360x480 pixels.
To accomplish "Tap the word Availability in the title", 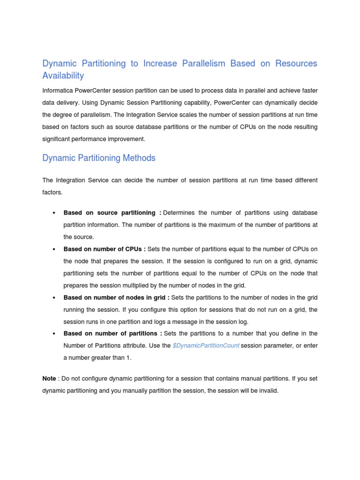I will point(63,75).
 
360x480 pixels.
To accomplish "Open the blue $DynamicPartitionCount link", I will point(206,345).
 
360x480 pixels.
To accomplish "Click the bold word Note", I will point(49,378).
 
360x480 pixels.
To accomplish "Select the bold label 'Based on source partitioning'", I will point(112,213).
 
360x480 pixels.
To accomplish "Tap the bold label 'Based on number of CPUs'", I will point(105,249).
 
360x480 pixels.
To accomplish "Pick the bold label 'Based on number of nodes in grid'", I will point(116,298).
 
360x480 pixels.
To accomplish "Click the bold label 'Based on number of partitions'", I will point(112,333).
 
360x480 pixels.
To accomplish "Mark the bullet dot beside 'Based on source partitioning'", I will point(54,213).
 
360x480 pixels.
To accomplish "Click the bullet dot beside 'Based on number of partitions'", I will point(54,334).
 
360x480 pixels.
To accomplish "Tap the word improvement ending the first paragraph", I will point(127,139).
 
